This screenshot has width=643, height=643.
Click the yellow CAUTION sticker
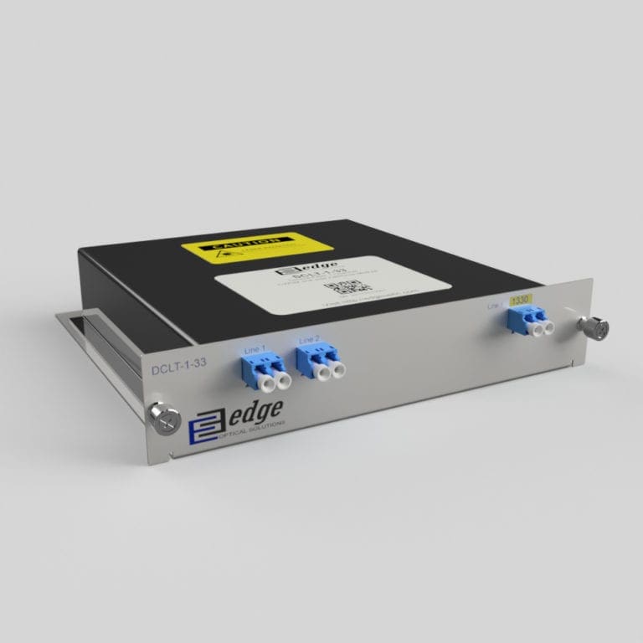tap(256, 245)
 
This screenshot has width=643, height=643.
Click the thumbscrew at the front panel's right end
tap(597, 327)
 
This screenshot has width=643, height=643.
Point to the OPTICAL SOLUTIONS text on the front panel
tap(251, 428)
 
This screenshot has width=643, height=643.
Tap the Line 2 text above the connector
tap(309, 340)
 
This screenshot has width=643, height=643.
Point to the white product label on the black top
tap(332, 284)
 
